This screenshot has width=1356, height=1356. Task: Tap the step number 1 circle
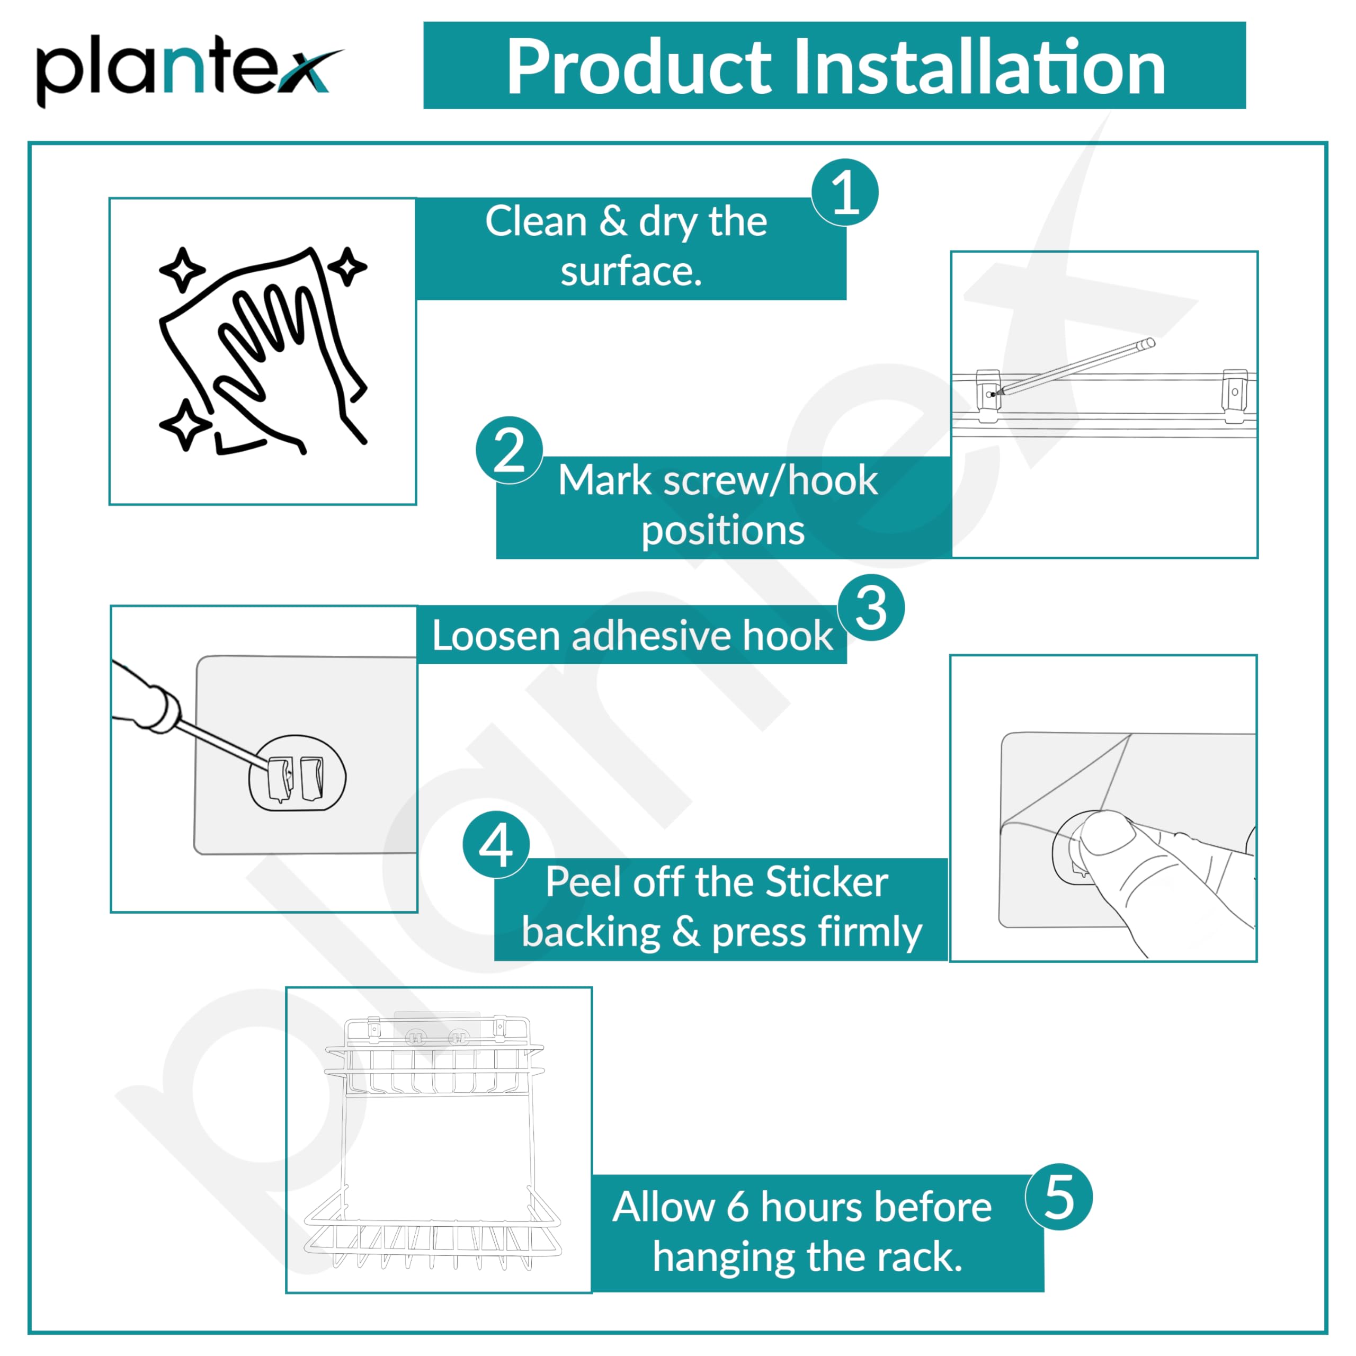point(844,192)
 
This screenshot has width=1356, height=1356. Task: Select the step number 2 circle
point(509,450)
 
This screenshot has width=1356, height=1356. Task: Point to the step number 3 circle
point(871,608)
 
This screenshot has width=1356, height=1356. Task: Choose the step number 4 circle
point(496,845)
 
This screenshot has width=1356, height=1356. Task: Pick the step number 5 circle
point(1059,1198)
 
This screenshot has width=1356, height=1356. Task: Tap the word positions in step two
point(723,531)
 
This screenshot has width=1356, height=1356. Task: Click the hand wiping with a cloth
point(263,351)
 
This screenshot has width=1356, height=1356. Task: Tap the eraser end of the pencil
point(1149,343)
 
